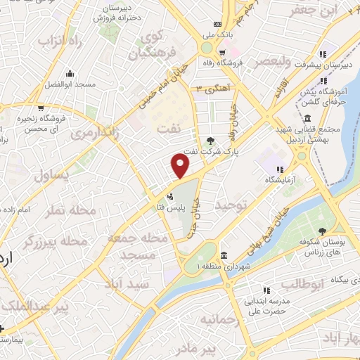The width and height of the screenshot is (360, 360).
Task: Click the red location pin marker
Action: (181, 166)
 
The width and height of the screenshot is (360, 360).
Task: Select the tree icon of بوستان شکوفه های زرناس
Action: (322, 231)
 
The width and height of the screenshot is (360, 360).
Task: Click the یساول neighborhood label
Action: (70, 176)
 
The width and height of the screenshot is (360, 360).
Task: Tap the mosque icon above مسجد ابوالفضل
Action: (70, 72)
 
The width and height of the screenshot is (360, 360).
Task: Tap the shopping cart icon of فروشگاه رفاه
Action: (222, 51)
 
